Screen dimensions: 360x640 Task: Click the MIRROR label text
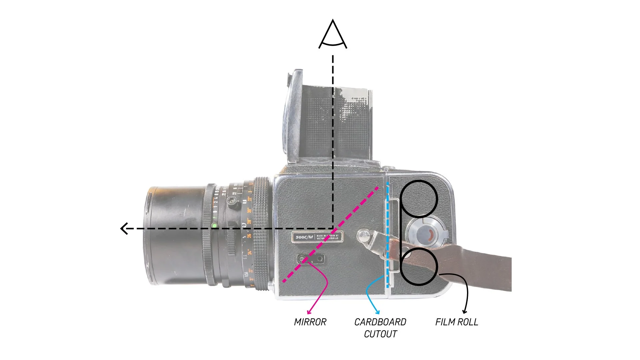pos(310,322)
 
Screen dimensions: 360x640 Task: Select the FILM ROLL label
pos(456,322)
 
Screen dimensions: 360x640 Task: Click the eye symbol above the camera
pos(333,35)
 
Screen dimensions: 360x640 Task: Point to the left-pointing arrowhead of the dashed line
pos(124,229)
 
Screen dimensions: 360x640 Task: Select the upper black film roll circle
pos(419,198)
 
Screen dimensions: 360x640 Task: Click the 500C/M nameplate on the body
pos(317,237)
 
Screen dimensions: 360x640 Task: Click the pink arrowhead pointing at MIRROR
pos(309,312)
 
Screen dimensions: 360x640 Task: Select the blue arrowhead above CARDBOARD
pos(378,312)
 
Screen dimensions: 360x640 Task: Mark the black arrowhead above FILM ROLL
pos(465,312)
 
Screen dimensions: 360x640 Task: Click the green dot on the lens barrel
pos(214,226)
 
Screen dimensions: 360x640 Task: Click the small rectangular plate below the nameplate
pos(311,259)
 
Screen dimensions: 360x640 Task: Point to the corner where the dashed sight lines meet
pos(333,229)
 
